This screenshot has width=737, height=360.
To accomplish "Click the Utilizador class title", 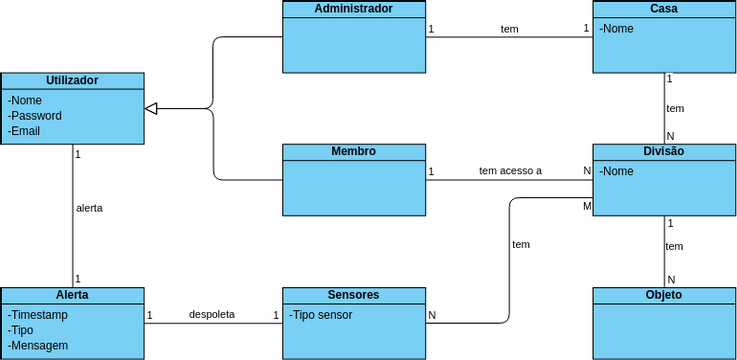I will pos(72,80).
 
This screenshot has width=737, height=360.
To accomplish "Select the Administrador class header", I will pos(353,8).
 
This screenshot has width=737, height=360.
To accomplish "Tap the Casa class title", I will pos(664,8).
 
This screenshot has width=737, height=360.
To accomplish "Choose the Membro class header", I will pos(353,152).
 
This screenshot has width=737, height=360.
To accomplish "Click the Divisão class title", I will pos(664,152).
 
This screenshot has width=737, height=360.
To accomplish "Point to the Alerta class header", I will pos(72,295).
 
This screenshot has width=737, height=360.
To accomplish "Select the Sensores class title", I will pos(353,295).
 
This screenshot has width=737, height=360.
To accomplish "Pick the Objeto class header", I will pos(664,295).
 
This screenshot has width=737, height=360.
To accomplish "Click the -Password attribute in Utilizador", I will pos(35,116).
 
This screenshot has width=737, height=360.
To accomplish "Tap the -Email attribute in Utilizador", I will pos(24,131).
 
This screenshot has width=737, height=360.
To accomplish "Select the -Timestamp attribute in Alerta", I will pos(39,314).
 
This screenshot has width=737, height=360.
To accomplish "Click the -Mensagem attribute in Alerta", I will pos(38,346).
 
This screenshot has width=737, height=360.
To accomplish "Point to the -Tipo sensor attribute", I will pos(321,315).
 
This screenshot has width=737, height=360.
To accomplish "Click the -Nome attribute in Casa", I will pos(617,29).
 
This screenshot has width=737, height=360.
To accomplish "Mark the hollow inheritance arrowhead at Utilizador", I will pos(151,108).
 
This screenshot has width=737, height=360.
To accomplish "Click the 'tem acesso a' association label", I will pos(510,171).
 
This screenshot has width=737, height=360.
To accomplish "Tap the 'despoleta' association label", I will pos(212,314).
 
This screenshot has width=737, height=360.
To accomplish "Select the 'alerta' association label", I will pos(89,208).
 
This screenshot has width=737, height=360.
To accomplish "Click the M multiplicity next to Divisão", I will pos(587,206).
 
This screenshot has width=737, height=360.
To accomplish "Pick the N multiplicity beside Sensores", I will pos(432,315).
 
